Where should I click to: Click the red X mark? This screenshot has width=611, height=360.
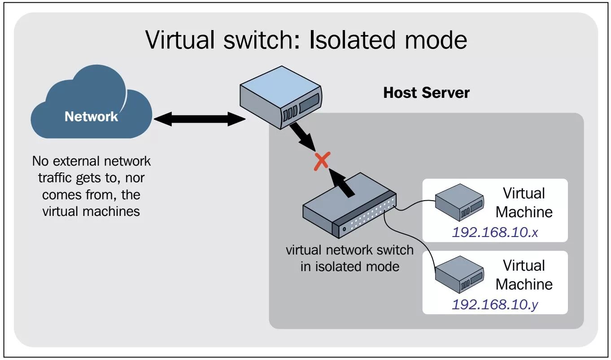322,161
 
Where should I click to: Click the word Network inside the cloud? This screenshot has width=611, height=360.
91,117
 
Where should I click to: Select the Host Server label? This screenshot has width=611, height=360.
426,93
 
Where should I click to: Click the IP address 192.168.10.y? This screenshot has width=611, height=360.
495,304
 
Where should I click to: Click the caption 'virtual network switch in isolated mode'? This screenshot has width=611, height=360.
349,258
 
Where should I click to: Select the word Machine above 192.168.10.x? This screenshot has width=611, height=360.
524,212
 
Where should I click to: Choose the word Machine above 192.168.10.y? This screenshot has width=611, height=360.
524,284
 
